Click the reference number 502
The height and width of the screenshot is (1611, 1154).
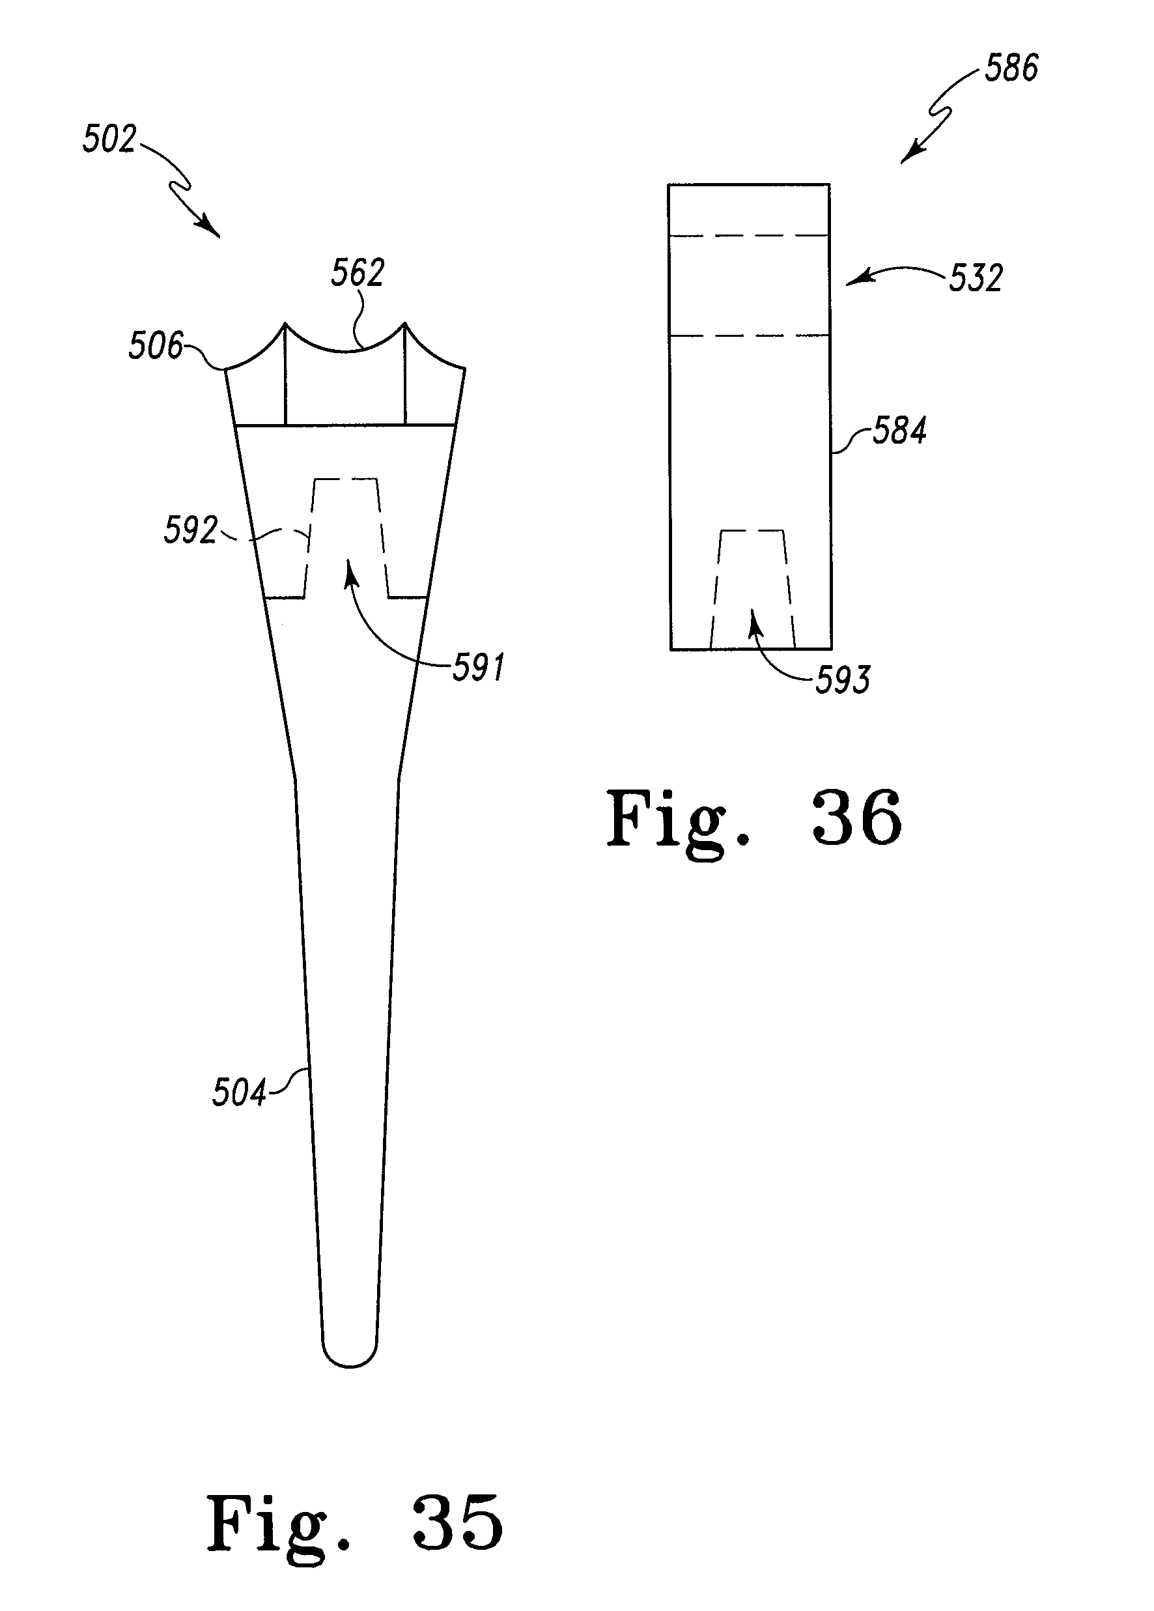click(109, 139)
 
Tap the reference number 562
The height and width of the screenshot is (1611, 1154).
click(358, 273)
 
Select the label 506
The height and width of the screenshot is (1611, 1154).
click(155, 346)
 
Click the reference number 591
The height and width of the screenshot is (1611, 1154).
click(479, 668)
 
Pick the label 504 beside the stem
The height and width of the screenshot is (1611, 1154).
click(238, 1092)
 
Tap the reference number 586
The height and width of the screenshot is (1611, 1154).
click(1011, 68)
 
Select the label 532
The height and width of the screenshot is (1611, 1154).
click(975, 278)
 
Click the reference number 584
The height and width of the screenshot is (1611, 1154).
click(899, 431)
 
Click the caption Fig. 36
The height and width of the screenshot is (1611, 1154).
click(753, 819)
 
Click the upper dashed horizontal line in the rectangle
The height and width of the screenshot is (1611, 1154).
click(748, 235)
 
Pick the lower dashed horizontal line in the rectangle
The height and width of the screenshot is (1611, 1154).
click(748, 335)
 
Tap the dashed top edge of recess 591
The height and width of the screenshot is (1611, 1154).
click(345, 479)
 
